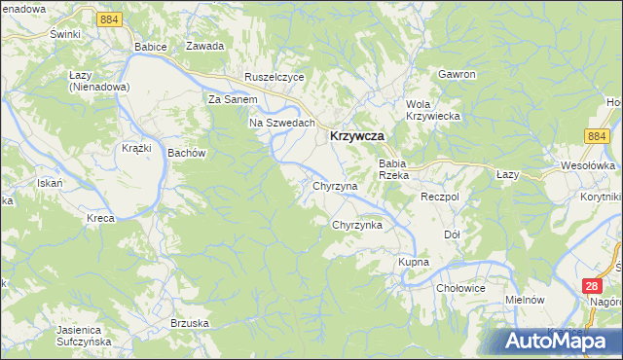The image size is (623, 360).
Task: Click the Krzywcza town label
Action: tap(361, 138)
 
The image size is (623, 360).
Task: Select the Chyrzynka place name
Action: tap(357, 225)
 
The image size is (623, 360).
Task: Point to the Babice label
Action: tap(152, 47)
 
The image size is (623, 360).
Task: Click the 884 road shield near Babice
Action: tap(110, 18)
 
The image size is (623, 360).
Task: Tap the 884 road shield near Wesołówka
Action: tap(598, 138)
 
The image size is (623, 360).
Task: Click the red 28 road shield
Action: tap(592, 286)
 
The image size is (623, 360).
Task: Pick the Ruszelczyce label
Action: tap(275, 77)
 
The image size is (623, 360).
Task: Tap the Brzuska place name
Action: tap(190, 323)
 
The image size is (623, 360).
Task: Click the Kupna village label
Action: tap(414, 263)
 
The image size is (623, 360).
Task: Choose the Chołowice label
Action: tap(460, 288)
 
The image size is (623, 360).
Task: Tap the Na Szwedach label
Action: tap(282, 123)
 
